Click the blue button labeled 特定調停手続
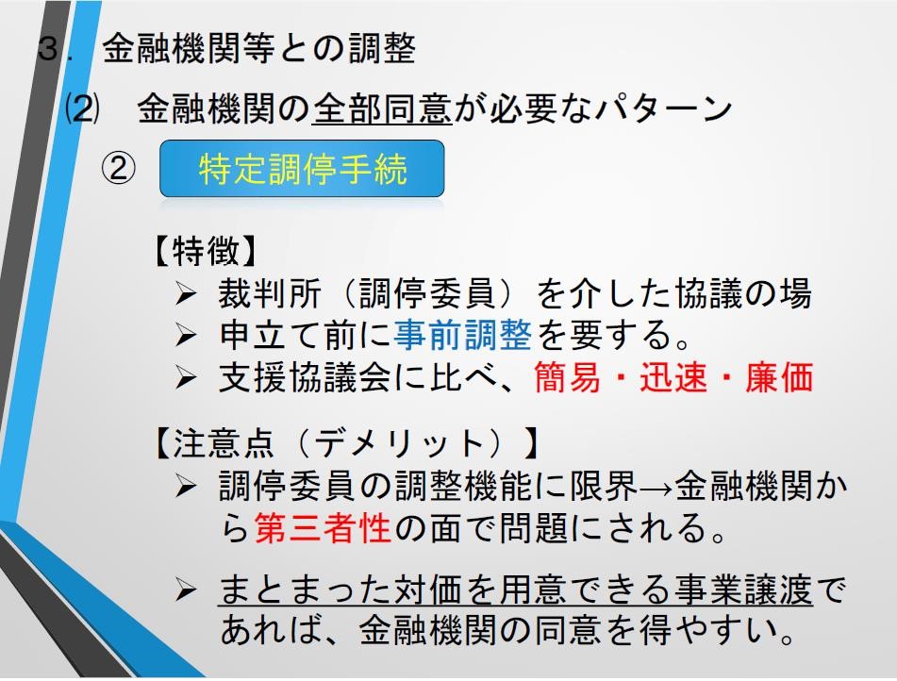[302, 168]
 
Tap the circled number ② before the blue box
[119, 169]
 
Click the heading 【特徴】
[205, 251]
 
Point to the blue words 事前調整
[463, 335]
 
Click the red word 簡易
[568, 377]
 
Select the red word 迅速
[673, 377]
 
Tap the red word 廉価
[779, 377]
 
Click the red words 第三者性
[323, 527]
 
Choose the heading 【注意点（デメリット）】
[345, 442]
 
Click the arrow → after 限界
[656, 490]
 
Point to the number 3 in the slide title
[49, 48]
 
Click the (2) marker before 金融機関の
[82, 108]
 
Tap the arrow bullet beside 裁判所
[186, 294]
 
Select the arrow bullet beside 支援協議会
[186, 378]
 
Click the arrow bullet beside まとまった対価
[186, 590]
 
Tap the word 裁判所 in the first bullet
[269, 293]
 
